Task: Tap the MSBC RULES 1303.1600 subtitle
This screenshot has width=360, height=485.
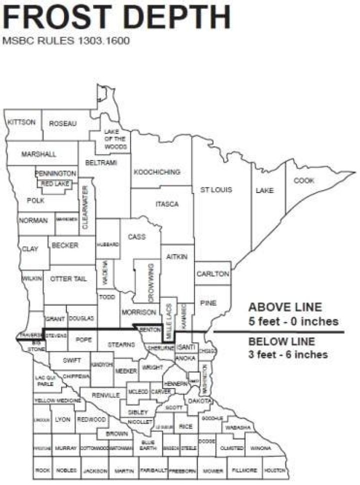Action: click(x=66, y=40)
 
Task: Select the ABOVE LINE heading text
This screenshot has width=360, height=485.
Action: click(x=285, y=307)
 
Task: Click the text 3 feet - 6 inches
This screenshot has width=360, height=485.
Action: click(x=288, y=354)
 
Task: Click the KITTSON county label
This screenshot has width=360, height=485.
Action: click(x=21, y=122)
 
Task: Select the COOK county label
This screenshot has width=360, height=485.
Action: click(x=304, y=180)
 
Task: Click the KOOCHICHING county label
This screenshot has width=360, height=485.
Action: click(x=156, y=172)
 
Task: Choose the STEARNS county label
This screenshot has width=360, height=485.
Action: click(x=121, y=344)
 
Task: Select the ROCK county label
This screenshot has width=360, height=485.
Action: click(x=42, y=471)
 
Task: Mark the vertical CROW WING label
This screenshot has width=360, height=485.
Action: click(x=150, y=282)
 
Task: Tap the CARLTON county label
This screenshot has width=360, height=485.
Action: click(x=212, y=274)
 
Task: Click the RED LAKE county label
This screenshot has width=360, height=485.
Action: click(x=54, y=184)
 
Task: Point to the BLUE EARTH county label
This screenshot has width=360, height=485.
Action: click(x=148, y=445)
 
